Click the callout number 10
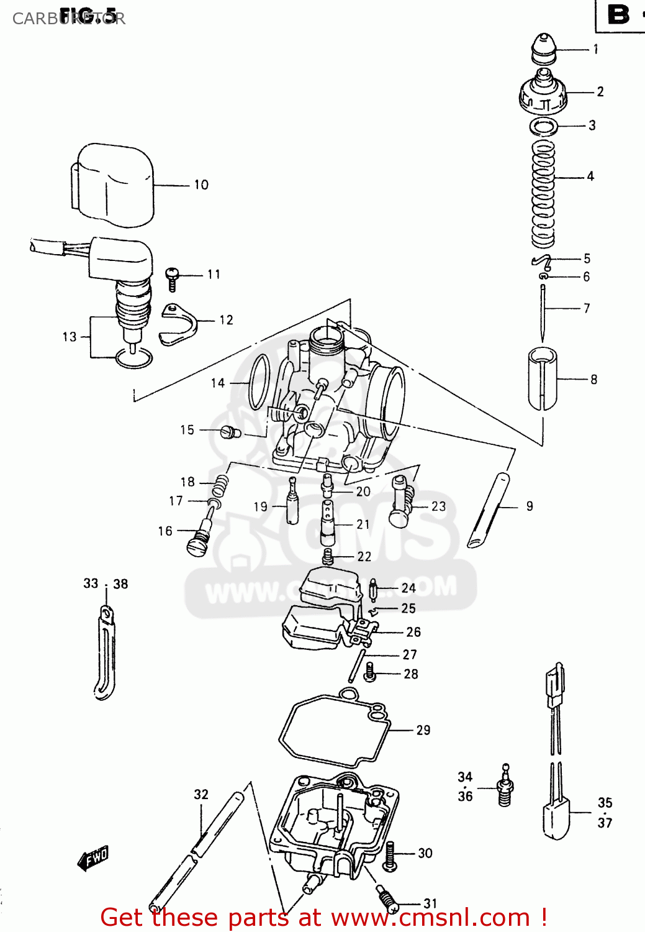(201, 185)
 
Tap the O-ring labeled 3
(544, 127)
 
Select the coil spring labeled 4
(543, 193)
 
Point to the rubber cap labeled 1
(544, 48)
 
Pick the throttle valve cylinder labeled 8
(543, 379)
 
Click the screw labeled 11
(172, 278)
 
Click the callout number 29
(423, 730)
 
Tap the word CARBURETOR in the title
(68, 19)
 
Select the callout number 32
(201, 794)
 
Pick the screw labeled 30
(390, 855)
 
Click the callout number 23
(439, 506)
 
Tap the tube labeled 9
(489, 510)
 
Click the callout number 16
(165, 531)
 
